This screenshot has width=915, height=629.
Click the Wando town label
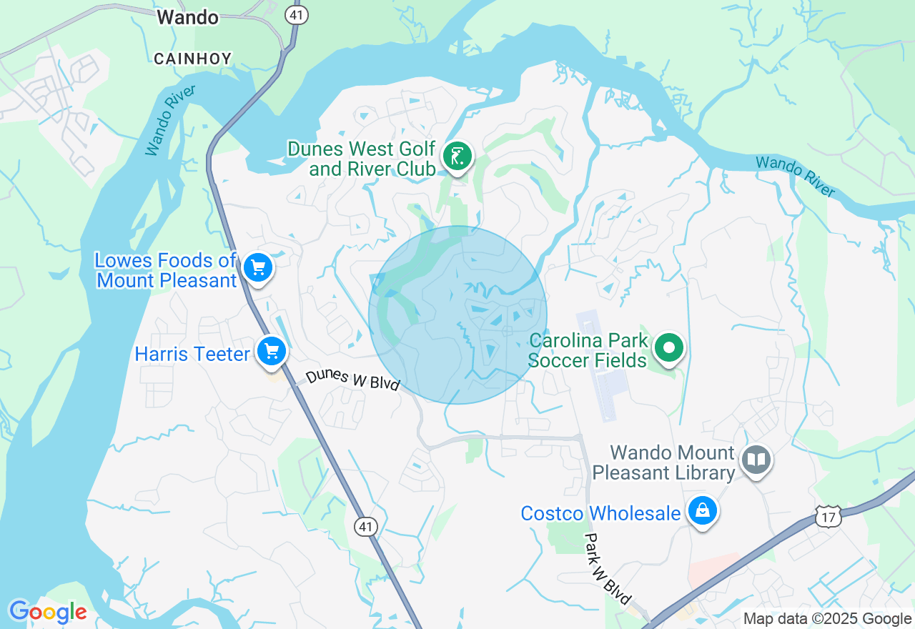point(188,18)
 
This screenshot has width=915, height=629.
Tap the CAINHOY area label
point(192,59)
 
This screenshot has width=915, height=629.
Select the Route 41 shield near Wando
point(295,14)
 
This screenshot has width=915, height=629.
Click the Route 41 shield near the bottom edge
point(365,527)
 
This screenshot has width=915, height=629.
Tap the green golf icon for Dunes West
point(457,156)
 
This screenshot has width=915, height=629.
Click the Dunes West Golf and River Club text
point(362,159)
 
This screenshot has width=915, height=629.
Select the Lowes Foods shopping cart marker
point(257,268)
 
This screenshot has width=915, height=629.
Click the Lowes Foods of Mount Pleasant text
point(166,270)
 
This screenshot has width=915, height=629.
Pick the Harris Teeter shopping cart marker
point(272,352)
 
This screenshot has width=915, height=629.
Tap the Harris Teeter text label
point(192,354)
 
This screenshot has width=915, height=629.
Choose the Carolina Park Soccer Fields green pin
point(669,349)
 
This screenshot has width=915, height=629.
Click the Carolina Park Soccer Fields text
point(588,350)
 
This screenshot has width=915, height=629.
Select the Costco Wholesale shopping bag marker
point(703,511)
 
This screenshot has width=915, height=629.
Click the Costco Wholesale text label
point(600,513)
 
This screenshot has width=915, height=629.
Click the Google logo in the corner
point(48,613)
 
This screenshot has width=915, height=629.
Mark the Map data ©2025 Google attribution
point(827,619)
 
